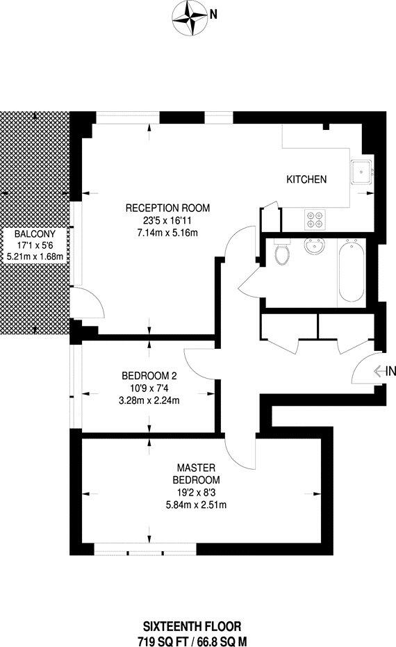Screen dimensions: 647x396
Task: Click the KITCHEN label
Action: (x=306, y=179)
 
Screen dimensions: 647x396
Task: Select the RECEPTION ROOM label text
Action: (x=167, y=208)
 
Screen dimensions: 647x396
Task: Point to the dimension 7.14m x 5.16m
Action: (x=167, y=232)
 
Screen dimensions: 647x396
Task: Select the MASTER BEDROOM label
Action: (x=197, y=474)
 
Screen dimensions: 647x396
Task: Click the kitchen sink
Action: (x=363, y=171)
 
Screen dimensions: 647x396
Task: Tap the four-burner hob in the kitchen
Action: (x=314, y=219)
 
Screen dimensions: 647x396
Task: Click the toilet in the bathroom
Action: (x=282, y=253)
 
